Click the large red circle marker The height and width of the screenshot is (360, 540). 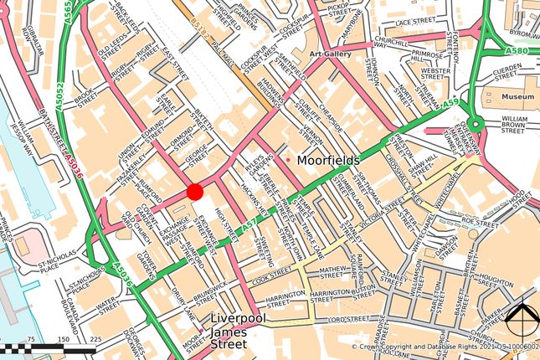(195, 192)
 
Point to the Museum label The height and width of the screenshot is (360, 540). (518, 97)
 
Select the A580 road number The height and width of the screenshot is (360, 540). (517, 50)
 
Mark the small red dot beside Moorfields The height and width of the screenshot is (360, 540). (289, 160)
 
